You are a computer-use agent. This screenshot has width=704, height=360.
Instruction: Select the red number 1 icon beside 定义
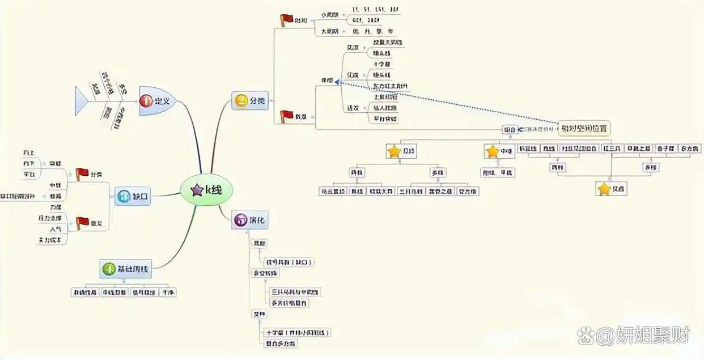(x=146, y=101)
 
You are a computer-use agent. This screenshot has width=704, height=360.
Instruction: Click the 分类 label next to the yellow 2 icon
(x=258, y=101)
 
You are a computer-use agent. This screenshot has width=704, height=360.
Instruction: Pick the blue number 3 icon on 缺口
(x=124, y=197)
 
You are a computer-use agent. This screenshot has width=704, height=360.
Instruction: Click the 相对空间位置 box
(x=584, y=128)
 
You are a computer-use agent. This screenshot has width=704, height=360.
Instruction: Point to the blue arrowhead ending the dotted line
(x=338, y=82)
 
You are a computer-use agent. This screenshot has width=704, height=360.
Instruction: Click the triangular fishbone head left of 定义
(x=82, y=100)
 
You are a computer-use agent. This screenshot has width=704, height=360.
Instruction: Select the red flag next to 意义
(x=82, y=223)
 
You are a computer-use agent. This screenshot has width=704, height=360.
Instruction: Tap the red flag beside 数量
(x=287, y=116)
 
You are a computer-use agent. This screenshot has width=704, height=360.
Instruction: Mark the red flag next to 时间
(x=287, y=20)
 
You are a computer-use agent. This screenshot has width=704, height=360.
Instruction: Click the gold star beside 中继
(x=492, y=151)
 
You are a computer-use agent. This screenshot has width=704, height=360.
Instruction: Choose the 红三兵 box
(x=613, y=149)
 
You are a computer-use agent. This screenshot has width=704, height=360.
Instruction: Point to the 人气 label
(x=56, y=229)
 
